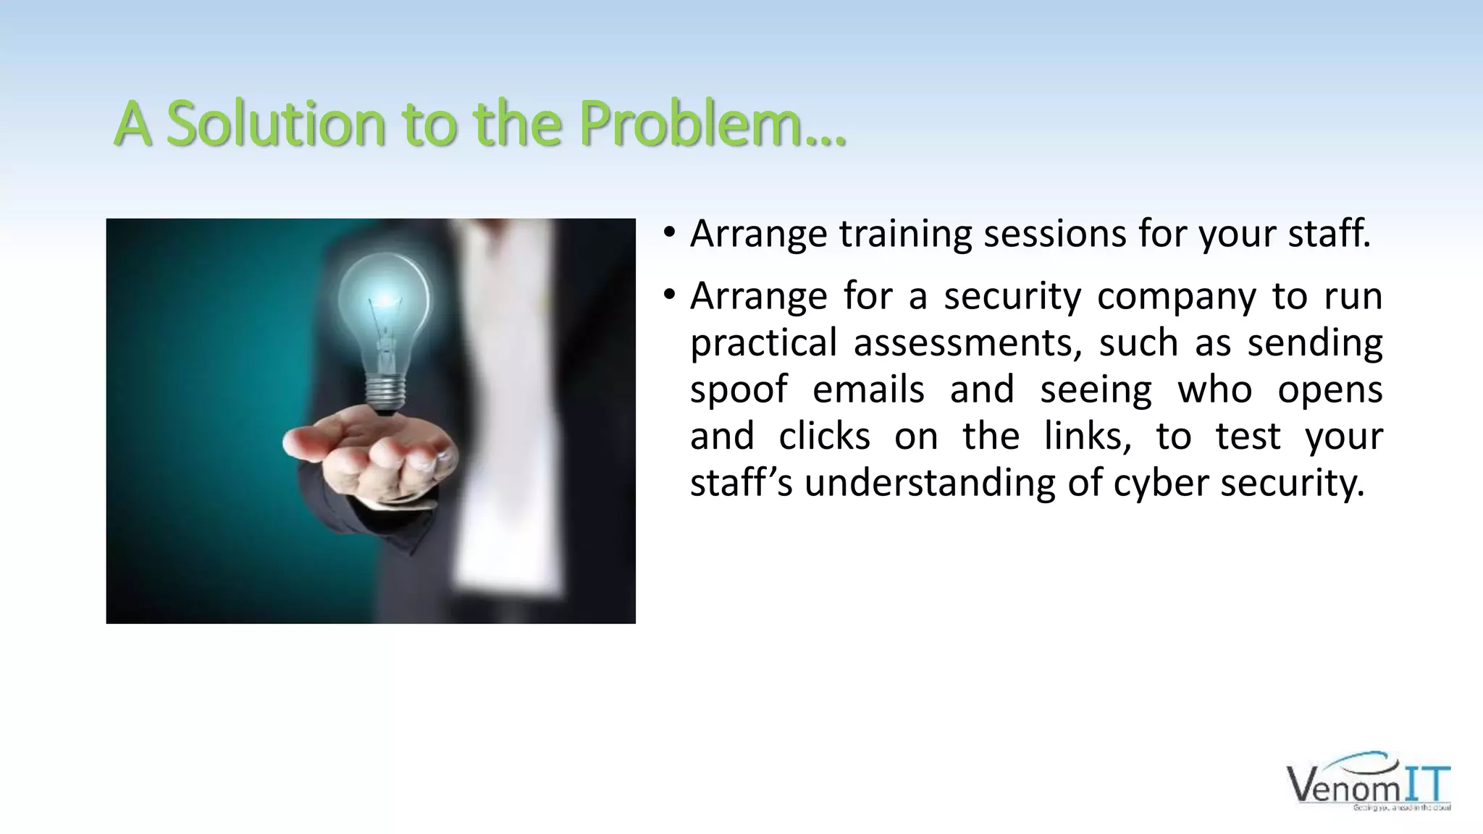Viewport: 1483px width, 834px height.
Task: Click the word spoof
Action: [x=738, y=390]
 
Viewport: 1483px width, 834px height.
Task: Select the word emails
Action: [x=868, y=390]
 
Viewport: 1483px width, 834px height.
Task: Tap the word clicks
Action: [x=824, y=437]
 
